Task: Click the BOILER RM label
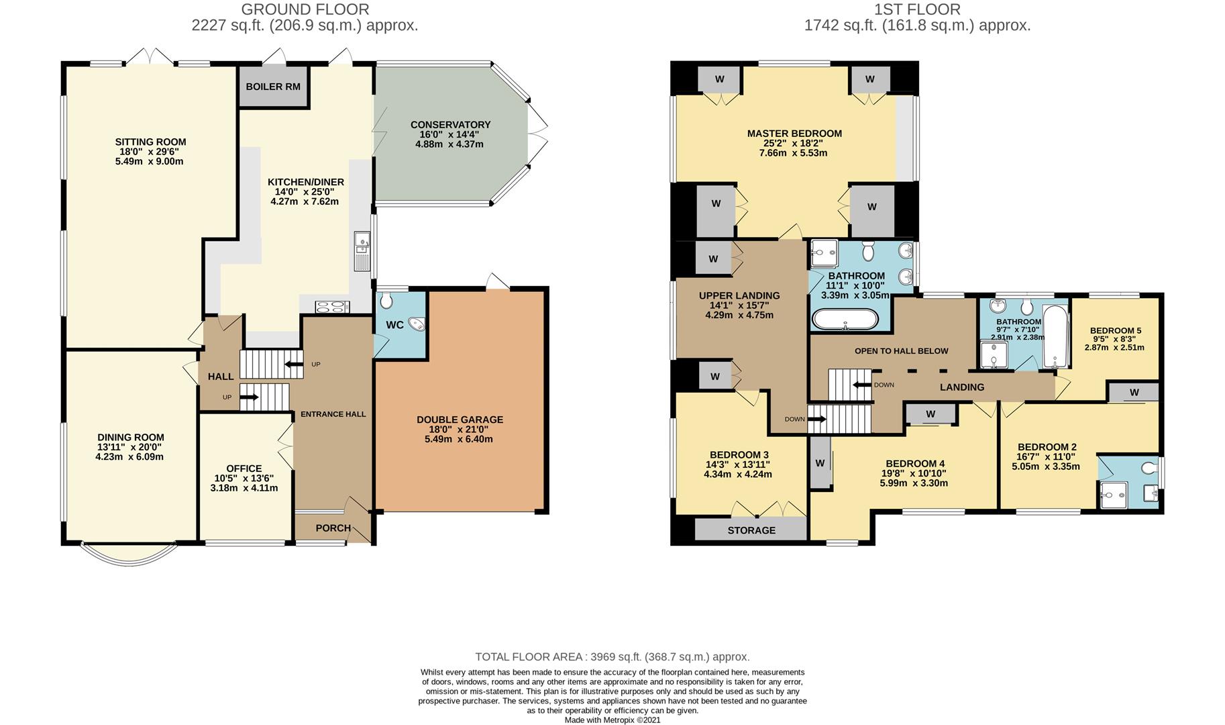273,87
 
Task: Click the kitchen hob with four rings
333,307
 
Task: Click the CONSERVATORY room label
450,125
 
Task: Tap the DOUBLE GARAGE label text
460,420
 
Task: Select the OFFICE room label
244,469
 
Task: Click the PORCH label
333,528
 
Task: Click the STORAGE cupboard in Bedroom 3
751,530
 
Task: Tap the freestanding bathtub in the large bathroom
845,320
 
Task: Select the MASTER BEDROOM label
794,134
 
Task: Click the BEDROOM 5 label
1116,330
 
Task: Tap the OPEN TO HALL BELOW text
902,351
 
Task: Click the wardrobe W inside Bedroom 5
1134,392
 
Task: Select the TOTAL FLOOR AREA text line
612,657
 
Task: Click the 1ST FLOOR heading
917,9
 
